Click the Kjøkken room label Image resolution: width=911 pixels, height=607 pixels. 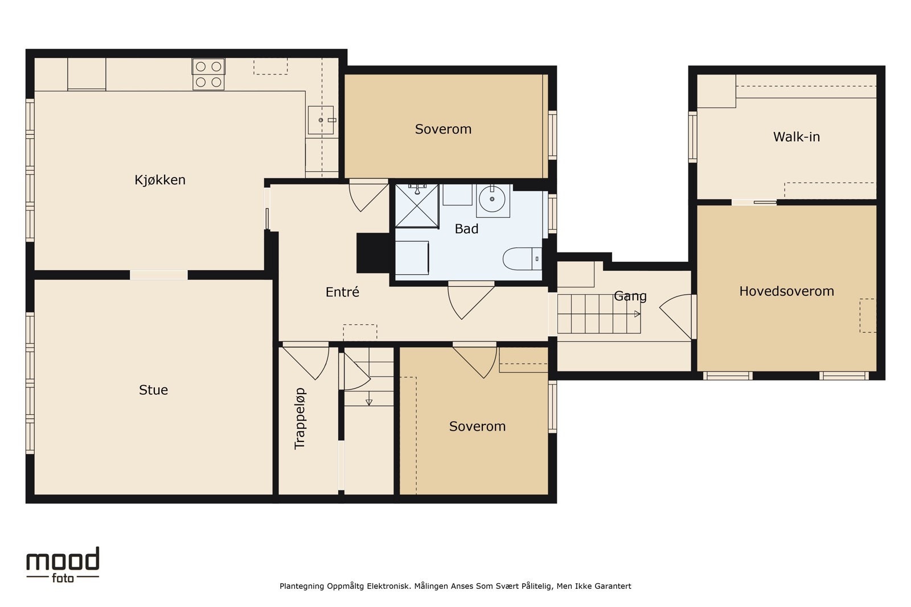pyautogui.click(x=160, y=180)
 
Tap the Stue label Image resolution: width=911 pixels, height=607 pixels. pyautogui.click(x=153, y=390)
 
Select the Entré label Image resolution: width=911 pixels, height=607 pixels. pyautogui.click(x=342, y=292)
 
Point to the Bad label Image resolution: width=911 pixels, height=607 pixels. pyautogui.click(x=466, y=229)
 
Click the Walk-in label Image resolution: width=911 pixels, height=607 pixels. pyautogui.click(x=797, y=137)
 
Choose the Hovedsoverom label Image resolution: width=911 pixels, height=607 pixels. pyautogui.click(x=786, y=291)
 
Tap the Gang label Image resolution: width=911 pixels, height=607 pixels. pyautogui.click(x=630, y=296)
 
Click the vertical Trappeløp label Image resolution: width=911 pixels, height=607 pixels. pyautogui.click(x=299, y=419)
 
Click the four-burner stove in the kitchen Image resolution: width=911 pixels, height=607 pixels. pyautogui.click(x=208, y=74)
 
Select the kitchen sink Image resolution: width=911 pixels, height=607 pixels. pyautogui.click(x=321, y=120)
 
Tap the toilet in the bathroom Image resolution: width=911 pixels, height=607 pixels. pyautogui.click(x=522, y=259)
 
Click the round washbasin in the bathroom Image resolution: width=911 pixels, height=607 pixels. pyautogui.click(x=493, y=199)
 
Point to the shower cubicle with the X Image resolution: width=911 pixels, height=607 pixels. pyautogui.click(x=417, y=206)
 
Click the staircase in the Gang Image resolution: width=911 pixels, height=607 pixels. pyautogui.click(x=598, y=314)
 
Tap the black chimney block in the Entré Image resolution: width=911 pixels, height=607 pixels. pyautogui.click(x=373, y=253)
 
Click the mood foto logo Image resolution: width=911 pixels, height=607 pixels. pyautogui.click(x=63, y=565)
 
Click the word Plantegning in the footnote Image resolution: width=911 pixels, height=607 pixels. pyautogui.click(x=302, y=587)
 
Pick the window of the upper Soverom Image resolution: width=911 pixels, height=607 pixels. pyautogui.click(x=552, y=135)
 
